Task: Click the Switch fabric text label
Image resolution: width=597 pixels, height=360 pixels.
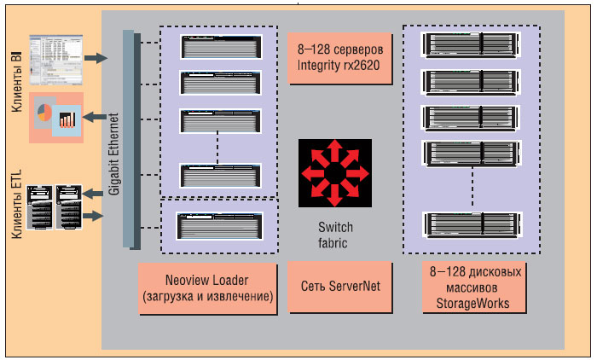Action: pyautogui.click(x=335, y=235)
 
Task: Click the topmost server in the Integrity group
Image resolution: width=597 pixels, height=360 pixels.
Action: pyautogui.click(x=221, y=46)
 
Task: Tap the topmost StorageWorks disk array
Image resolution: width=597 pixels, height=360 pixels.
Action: pyautogui.click(x=472, y=44)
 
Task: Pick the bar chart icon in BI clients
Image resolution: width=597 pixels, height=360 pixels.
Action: pyautogui.click(x=67, y=119)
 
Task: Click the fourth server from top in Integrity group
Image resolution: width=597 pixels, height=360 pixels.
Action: pyautogui.click(x=221, y=175)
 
